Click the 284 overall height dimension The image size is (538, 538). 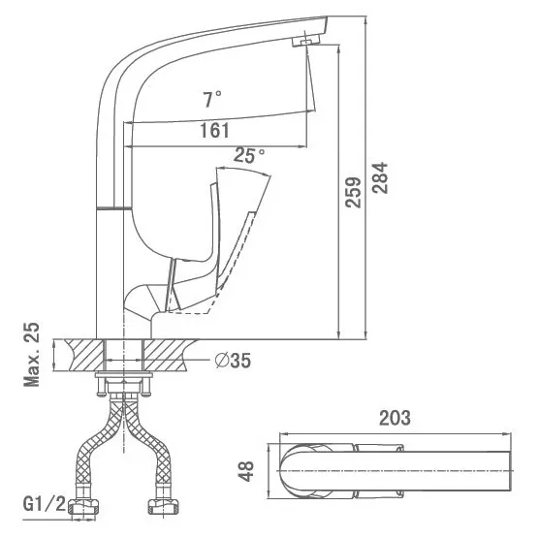(380, 177)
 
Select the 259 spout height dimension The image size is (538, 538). (353, 192)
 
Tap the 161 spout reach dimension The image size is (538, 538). (214, 131)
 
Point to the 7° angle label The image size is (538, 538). (212, 99)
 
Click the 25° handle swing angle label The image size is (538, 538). (249, 155)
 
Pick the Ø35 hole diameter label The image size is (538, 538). (233, 361)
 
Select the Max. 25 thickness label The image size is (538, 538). (32, 355)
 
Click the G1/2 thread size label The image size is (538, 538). (44, 504)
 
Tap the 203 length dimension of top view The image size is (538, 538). (395, 418)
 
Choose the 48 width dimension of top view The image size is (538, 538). (245, 471)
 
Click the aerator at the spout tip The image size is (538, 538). (306, 40)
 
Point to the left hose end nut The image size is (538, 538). (83, 507)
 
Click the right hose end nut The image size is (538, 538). (163, 507)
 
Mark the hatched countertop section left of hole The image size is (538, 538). (83, 355)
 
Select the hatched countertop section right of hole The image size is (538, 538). (169, 355)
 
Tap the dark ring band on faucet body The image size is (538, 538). (114, 208)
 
